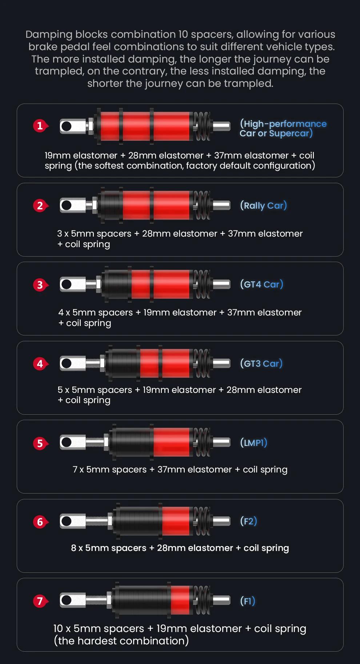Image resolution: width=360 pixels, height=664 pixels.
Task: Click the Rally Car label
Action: coord(263,206)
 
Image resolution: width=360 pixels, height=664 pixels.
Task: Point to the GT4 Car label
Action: coord(261,285)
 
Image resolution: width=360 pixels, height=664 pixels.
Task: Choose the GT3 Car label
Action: coord(261,364)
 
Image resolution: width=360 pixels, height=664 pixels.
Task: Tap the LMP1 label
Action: coord(253,443)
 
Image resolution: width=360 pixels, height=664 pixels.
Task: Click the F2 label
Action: coord(248,522)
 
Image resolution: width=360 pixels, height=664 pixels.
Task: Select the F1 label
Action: coord(248,601)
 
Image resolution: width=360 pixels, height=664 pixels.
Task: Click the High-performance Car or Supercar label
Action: coord(283,129)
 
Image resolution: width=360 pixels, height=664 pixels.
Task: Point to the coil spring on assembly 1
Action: coord(202,126)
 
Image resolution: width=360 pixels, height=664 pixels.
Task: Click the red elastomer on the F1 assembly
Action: coord(180,600)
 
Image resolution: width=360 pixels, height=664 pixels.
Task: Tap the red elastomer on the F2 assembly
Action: coord(176,522)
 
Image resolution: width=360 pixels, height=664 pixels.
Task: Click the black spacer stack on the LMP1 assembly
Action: coord(132,442)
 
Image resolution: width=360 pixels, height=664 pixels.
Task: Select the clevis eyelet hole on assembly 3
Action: coord(66,284)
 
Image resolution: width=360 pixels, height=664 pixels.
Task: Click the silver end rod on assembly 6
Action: coord(221,522)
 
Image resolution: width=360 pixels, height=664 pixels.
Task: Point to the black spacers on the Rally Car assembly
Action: coord(111,205)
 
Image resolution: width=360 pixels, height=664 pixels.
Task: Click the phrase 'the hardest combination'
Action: coord(121,640)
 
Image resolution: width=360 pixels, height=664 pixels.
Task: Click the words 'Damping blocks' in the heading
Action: coord(67,35)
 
